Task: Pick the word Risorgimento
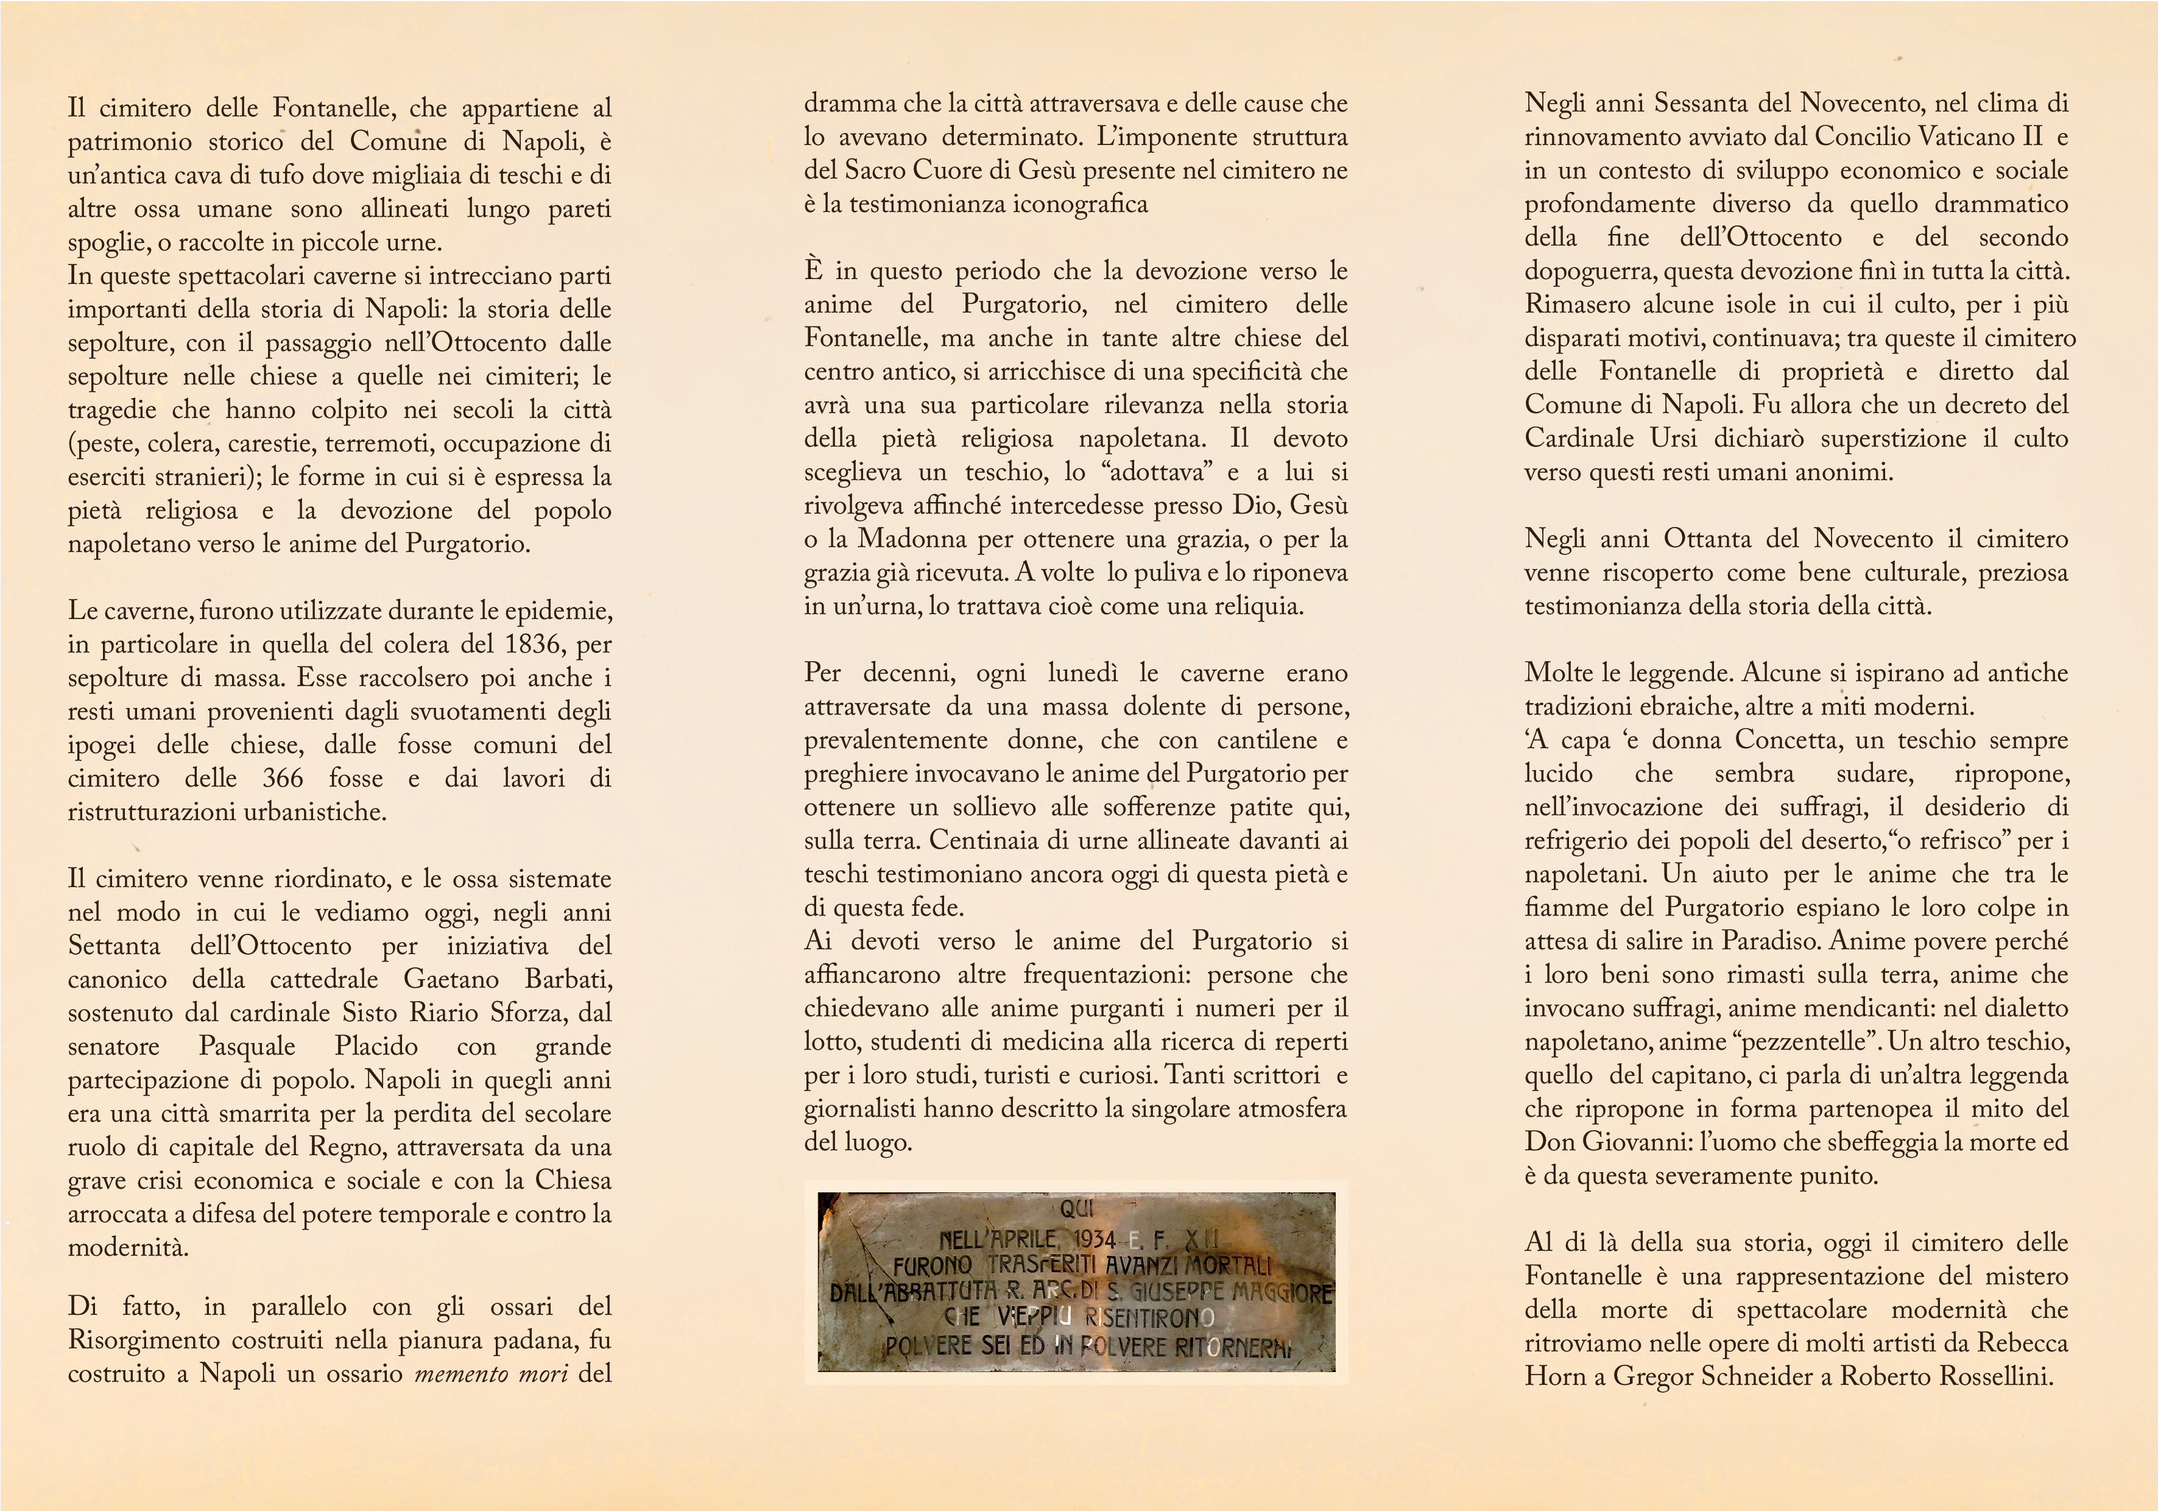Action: click(146, 1340)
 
